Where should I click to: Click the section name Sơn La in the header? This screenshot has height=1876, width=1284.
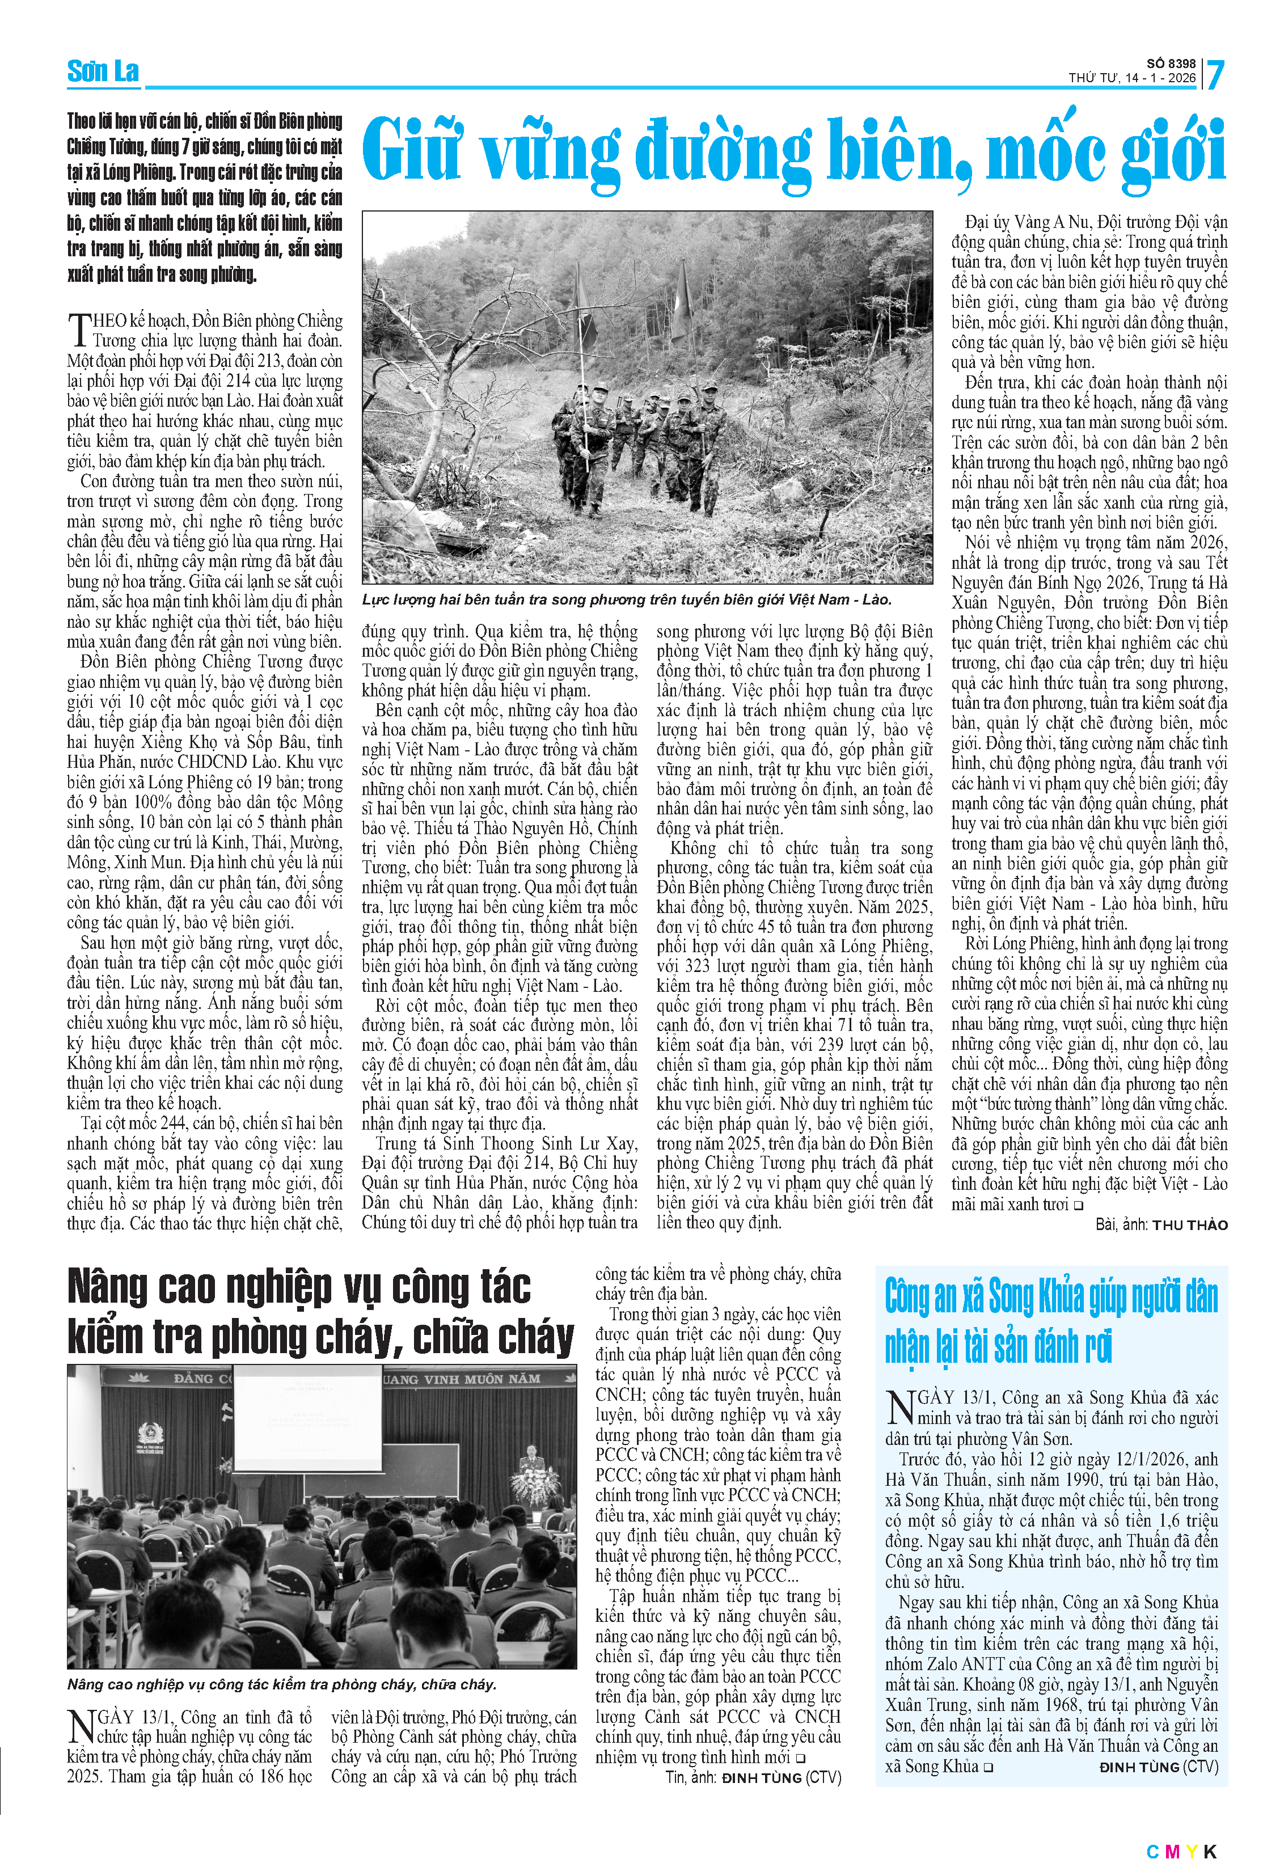click(103, 72)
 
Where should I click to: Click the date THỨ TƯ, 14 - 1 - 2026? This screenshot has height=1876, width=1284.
click(1131, 78)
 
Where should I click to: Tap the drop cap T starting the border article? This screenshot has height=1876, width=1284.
click(78, 330)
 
